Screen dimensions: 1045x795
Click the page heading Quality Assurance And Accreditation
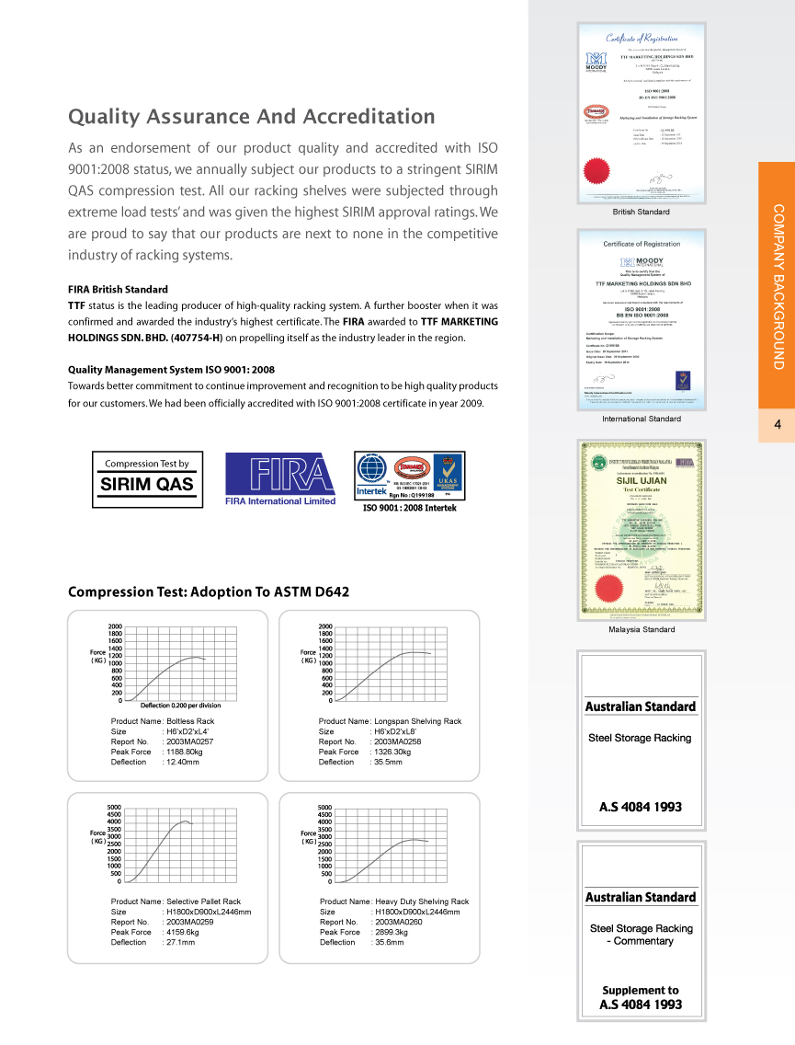coord(252,117)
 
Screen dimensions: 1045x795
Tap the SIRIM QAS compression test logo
coord(147,478)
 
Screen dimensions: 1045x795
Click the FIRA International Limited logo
coord(279,479)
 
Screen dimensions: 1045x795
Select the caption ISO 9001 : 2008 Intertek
coord(409,508)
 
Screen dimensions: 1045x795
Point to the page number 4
coord(777,425)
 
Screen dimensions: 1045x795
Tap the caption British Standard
coord(641,212)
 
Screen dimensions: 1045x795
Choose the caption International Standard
coord(641,419)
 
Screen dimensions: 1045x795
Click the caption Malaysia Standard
coord(641,630)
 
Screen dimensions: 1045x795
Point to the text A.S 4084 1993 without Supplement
coord(641,807)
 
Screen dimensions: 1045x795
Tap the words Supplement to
coord(641,991)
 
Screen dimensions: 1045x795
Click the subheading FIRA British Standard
coord(118,289)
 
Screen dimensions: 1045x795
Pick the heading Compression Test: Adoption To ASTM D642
coord(209,591)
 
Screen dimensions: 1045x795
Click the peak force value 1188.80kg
coord(190,752)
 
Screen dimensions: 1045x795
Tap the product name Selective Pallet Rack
coord(203,901)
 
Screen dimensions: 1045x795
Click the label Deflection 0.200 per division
coord(182,705)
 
